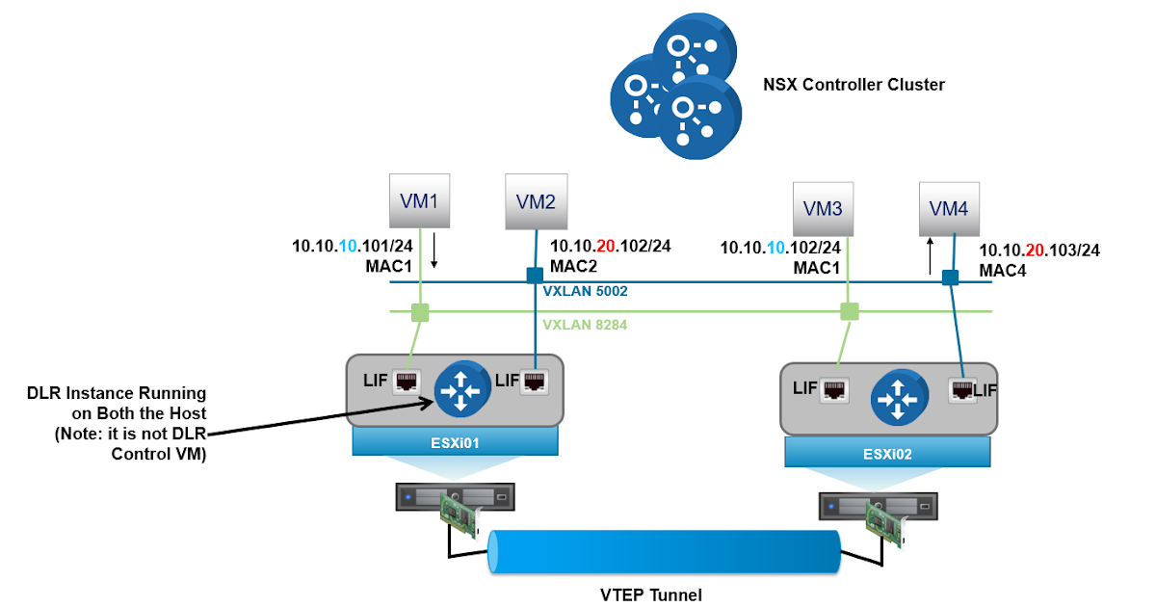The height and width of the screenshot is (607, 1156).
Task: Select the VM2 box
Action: [536, 201]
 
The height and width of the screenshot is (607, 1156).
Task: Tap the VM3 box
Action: [825, 208]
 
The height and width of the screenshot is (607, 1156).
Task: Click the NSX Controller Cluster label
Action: [854, 85]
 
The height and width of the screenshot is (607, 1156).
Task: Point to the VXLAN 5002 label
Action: [585, 290]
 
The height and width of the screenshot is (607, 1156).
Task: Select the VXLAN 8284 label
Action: [585, 325]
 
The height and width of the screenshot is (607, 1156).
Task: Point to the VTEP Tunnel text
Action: [645, 594]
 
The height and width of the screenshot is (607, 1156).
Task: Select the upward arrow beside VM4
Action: [930, 257]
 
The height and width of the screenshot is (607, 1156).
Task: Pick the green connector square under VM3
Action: [849, 311]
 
